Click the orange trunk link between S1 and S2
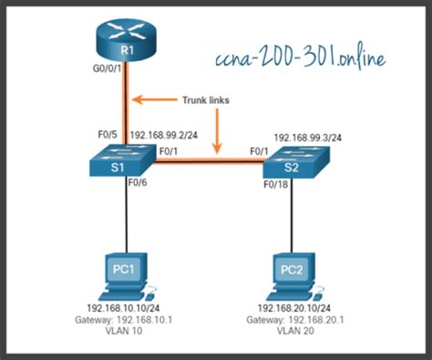pos(210,165)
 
